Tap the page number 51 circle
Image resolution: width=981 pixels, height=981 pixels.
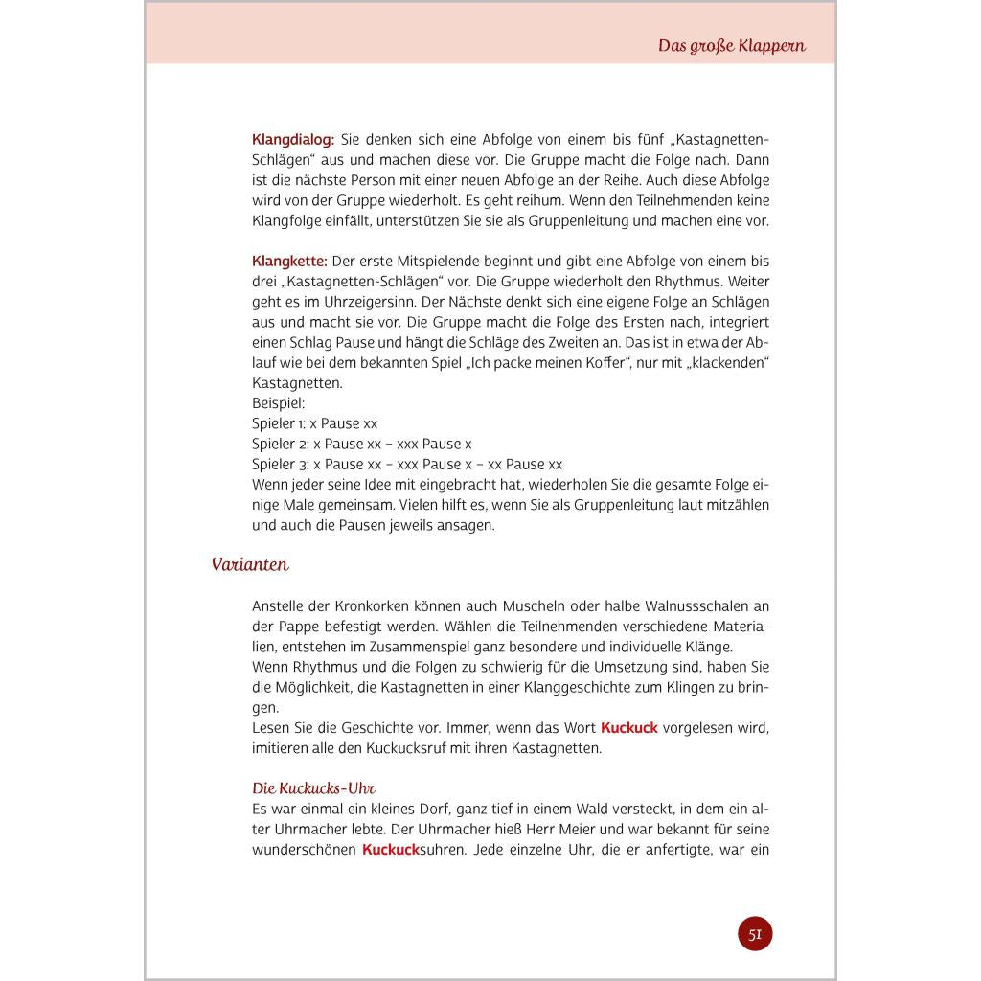click(755, 934)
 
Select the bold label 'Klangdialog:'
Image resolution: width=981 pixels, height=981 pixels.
click(293, 139)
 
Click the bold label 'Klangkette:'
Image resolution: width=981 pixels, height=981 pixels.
click(289, 262)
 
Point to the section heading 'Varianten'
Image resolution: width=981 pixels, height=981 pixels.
click(250, 565)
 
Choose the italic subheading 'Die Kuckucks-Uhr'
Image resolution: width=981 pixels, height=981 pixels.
click(312, 788)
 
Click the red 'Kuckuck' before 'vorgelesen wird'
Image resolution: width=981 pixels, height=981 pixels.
click(629, 728)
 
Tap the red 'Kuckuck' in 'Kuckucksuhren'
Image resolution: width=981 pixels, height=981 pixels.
click(391, 850)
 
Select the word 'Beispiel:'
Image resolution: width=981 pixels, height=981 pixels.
click(278, 403)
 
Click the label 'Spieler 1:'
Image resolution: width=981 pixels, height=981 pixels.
click(279, 423)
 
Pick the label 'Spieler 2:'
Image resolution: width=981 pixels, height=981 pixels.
click(280, 445)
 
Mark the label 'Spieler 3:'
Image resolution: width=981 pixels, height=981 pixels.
click(280, 465)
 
